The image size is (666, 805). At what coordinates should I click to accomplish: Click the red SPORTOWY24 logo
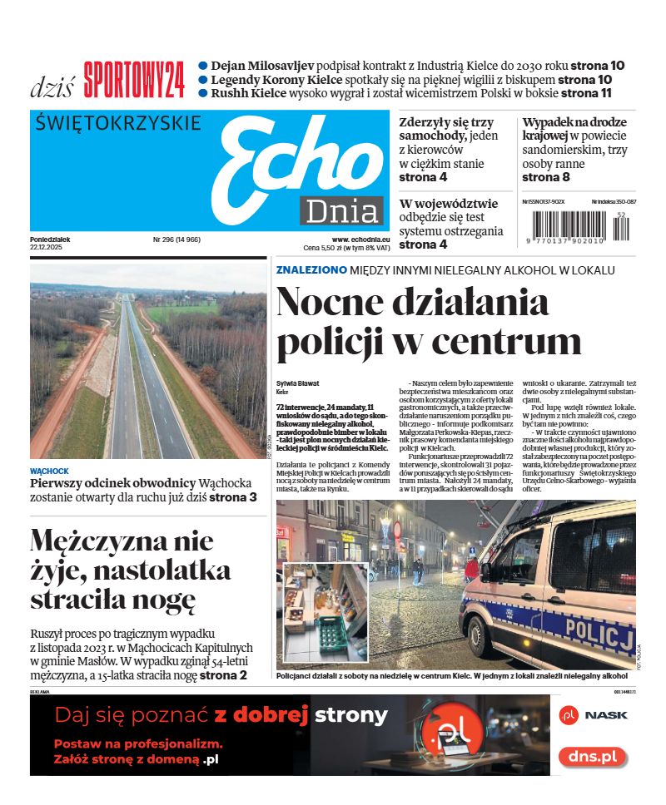point(134,81)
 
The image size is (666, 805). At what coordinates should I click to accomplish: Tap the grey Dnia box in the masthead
point(342,211)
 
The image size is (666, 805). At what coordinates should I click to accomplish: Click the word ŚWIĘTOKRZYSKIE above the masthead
point(119,123)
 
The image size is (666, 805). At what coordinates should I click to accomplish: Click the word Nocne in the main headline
point(342,302)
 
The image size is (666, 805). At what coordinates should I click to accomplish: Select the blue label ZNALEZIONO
point(311,269)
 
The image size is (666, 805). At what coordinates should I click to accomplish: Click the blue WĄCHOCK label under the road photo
point(50,471)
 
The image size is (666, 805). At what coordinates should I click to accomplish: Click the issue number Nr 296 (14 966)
point(176,240)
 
